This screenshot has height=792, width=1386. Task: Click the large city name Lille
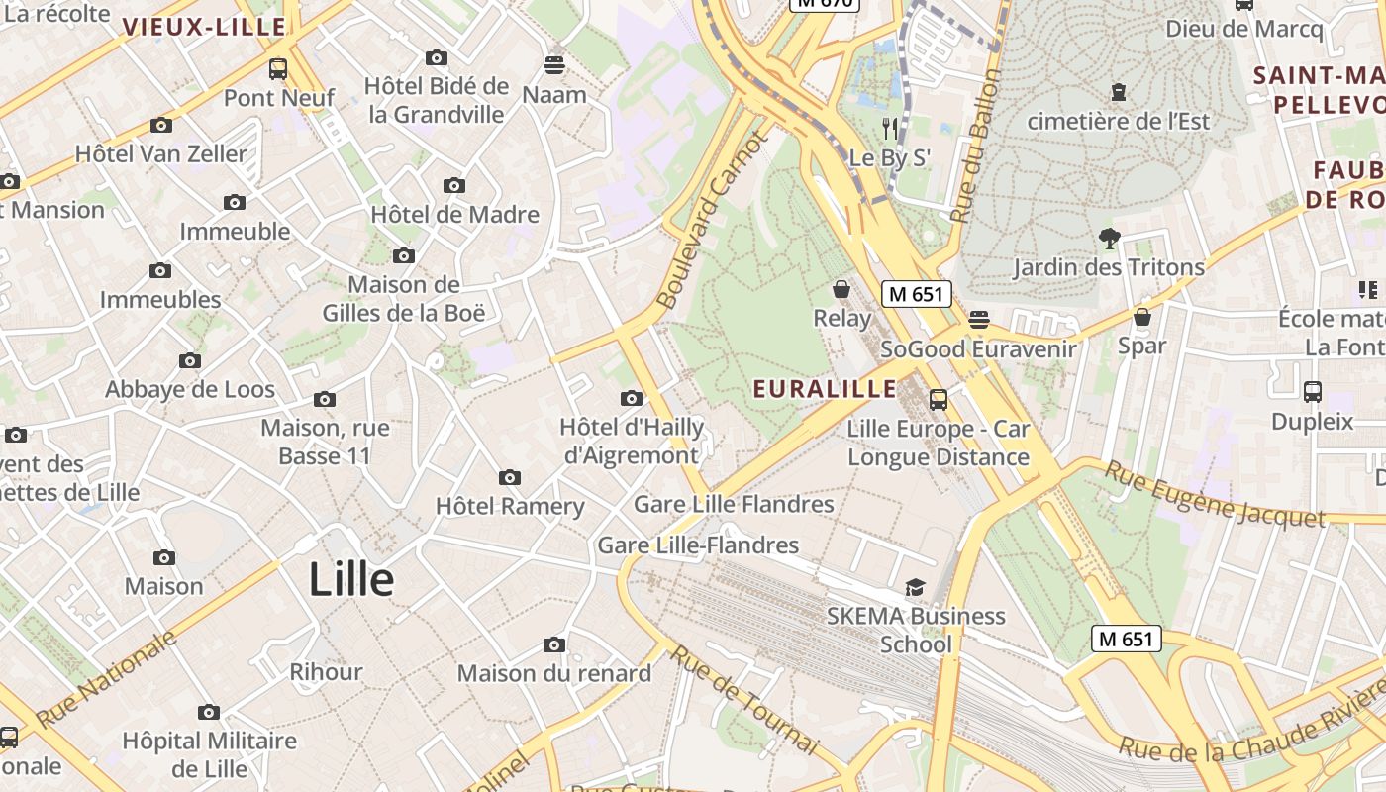point(351,579)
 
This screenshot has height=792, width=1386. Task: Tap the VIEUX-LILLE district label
point(204,27)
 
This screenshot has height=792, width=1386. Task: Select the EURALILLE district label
point(825,389)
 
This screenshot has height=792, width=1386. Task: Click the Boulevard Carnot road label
point(713,219)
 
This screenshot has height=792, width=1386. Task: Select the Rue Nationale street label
point(107,678)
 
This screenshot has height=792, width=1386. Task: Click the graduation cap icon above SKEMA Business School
point(915,588)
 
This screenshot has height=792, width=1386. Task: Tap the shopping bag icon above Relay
point(841,289)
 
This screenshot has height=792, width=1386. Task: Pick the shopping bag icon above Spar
point(1142,317)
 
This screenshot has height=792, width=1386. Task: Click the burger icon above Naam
point(554,65)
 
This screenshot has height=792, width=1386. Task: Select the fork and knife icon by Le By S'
point(889,128)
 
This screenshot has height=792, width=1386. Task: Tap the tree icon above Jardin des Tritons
point(1109,238)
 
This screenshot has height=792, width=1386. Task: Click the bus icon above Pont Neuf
point(278,69)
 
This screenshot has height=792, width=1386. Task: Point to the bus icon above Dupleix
point(1313,392)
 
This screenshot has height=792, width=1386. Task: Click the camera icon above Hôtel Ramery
point(510,478)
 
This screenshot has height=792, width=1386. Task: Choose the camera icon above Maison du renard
point(554,645)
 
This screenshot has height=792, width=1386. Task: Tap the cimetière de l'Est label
point(1119,121)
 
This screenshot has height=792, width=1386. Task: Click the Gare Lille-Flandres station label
point(698,544)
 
